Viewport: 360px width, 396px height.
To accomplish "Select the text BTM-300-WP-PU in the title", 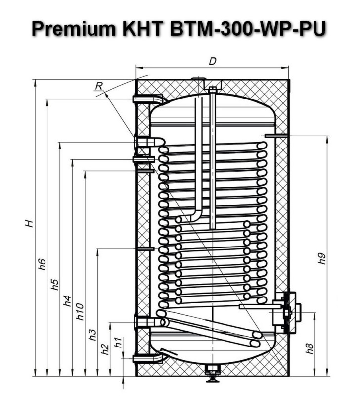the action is click(x=248, y=28).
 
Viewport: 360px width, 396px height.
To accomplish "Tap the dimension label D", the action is click(x=213, y=61).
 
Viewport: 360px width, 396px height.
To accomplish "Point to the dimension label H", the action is click(x=30, y=224).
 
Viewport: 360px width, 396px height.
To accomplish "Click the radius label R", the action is click(x=99, y=86).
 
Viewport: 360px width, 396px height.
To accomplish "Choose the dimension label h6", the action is click(x=43, y=264).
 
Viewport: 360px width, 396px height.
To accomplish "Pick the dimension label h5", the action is click(x=54, y=284).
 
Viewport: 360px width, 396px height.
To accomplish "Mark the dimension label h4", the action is click(x=67, y=301).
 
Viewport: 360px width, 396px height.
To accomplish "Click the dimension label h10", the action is click(x=80, y=312).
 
